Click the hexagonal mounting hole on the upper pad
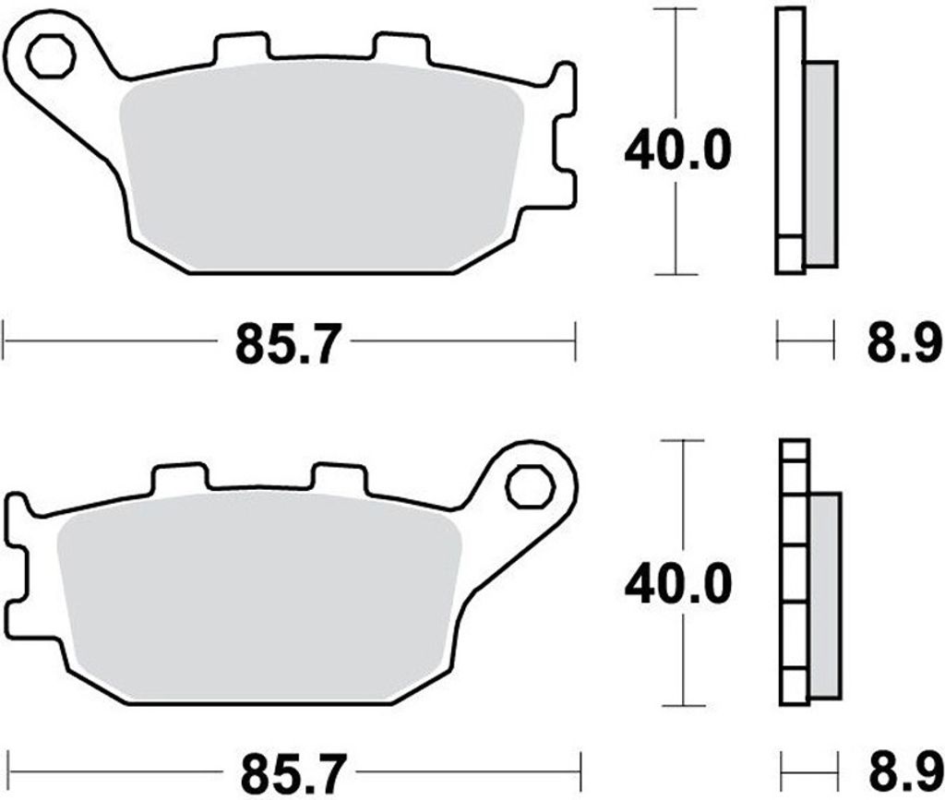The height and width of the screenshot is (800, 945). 51,56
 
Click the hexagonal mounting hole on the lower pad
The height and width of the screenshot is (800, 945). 531,487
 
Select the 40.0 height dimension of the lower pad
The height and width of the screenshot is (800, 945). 678,584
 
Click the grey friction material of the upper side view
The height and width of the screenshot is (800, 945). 820,164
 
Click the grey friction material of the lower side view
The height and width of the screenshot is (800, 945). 825,596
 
